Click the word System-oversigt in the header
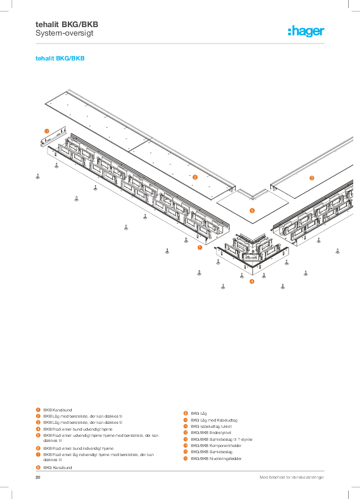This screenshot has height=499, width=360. (x=64, y=33)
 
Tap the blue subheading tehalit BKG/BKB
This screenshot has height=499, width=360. (x=60, y=58)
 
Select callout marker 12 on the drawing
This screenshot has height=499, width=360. (x=47, y=131)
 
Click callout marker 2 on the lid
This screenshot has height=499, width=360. (x=195, y=177)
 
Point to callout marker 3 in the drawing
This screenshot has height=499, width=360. (x=311, y=178)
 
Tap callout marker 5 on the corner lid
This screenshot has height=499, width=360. (x=252, y=210)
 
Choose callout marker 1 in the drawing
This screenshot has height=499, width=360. (x=199, y=247)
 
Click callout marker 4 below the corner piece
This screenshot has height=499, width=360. (x=252, y=281)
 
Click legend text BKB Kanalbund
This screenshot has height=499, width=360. (x=58, y=410)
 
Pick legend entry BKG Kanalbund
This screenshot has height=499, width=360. (x=58, y=468)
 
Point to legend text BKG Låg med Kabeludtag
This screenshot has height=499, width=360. (x=214, y=420)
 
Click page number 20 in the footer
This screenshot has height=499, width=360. (x=38, y=478)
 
